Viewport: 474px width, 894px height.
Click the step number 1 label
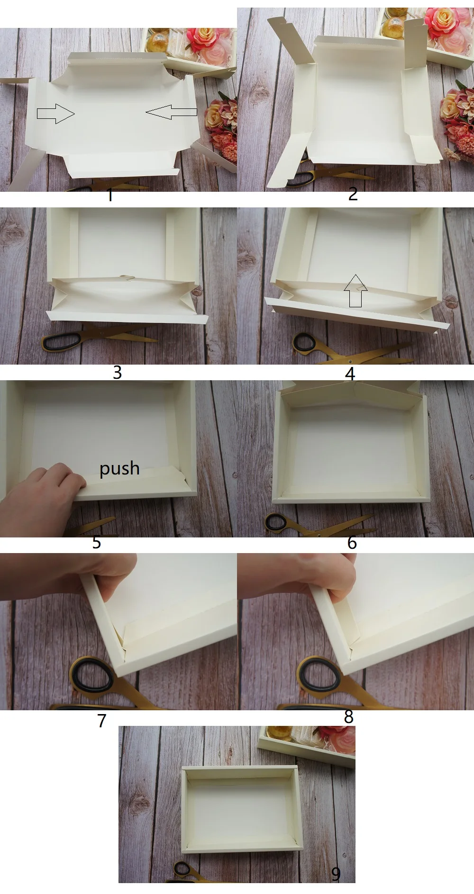tap(110, 195)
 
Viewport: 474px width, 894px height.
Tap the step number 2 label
tap(353, 194)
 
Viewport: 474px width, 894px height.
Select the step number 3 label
tap(117, 372)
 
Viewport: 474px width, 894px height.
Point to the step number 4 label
tap(350, 374)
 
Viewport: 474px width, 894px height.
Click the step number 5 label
tap(97, 542)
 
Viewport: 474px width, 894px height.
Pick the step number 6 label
tap(352, 542)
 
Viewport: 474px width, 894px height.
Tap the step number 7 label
tap(102, 720)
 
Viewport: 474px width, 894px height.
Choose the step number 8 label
tap(349, 717)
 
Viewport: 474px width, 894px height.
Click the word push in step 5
tap(119, 469)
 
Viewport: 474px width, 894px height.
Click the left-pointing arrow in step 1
tap(172, 112)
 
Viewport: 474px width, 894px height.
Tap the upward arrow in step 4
tap(355, 291)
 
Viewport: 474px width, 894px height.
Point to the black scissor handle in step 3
tap(61, 342)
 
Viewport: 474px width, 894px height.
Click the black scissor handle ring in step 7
tap(93, 675)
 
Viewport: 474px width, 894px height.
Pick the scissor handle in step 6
tap(277, 522)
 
